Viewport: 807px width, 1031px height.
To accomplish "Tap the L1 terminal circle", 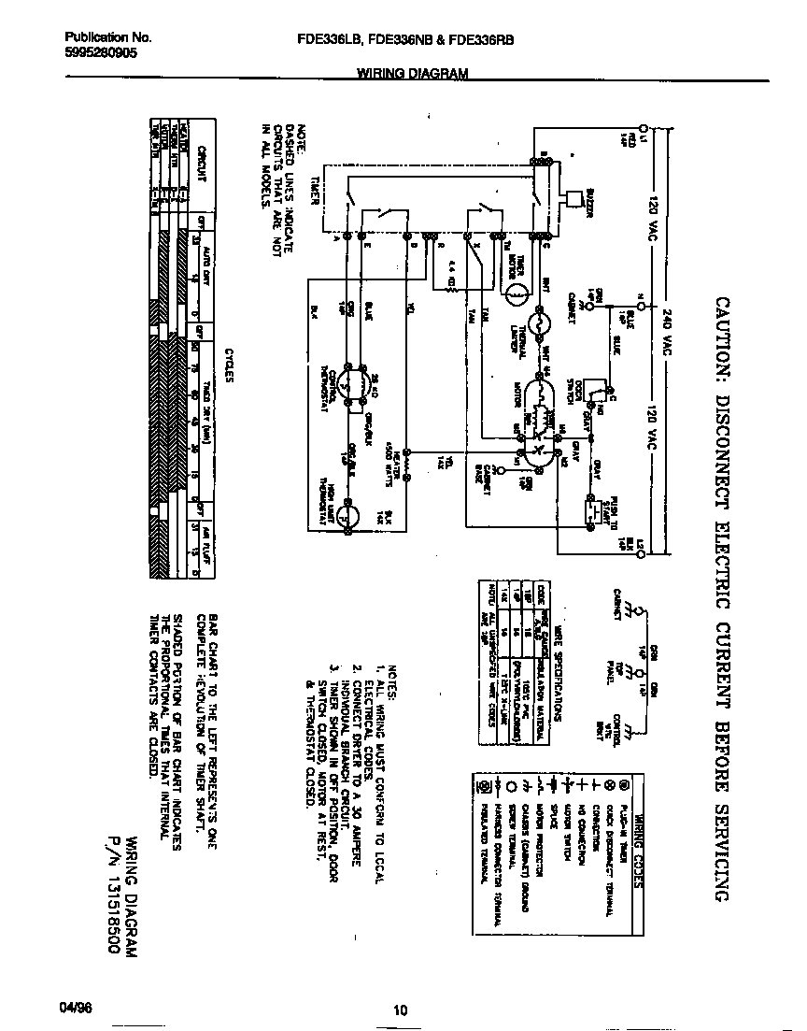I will click(642, 126).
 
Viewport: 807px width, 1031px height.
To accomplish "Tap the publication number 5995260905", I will click(101, 54).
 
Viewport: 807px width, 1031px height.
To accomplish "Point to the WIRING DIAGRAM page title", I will click(411, 73).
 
